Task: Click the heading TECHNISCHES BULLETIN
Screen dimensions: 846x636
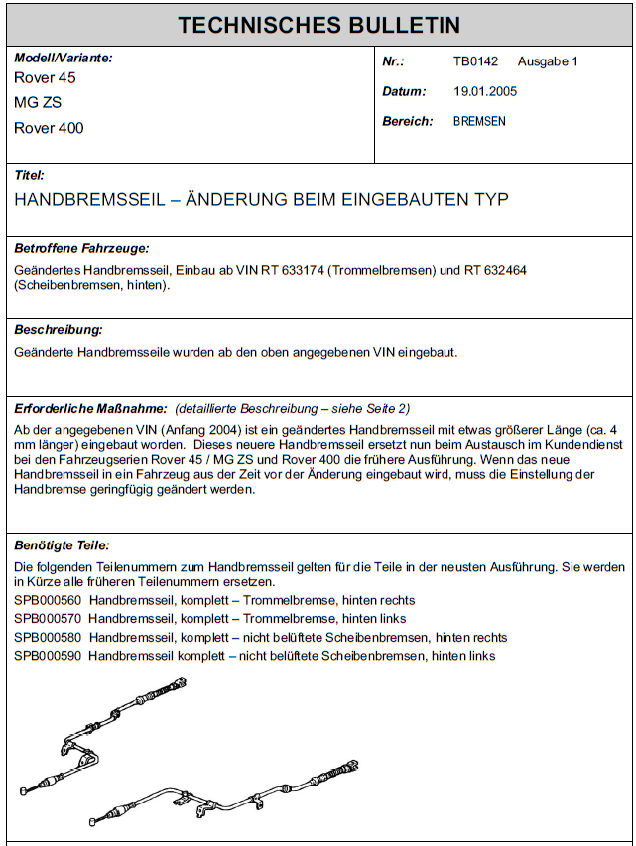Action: pyautogui.click(x=318, y=25)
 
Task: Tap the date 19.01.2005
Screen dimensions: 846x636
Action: pyautogui.click(x=485, y=91)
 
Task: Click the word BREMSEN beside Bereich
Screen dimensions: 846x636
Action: pyautogui.click(x=479, y=121)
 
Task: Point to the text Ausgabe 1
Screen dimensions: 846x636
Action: pyautogui.click(x=548, y=61)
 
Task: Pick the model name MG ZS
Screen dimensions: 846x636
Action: pyautogui.click(x=38, y=102)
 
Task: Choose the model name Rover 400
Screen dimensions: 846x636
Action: pyautogui.click(x=49, y=128)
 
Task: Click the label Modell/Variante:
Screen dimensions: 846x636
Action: pyautogui.click(x=64, y=58)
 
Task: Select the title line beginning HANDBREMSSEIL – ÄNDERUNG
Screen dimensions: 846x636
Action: pyautogui.click(x=261, y=199)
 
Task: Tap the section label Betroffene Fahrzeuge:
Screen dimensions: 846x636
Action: pyautogui.click(x=81, y=248)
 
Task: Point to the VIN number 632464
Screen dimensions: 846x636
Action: pyautogui.click(x=526, y=270)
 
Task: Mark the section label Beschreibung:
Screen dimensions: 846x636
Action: pyautogui.click(x=59, y=329)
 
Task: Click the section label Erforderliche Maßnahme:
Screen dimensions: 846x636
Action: pyautogui.click(x=90, y=408)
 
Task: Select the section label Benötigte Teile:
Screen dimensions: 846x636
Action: pyautogui.click(x=63, y=545)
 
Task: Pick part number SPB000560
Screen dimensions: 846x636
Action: pyautogui.click(x=48, y=601)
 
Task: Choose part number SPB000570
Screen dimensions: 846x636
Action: pyautogui.click(x=48, y=619)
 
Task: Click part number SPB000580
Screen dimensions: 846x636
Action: pyautogui.click(x=48, y=637)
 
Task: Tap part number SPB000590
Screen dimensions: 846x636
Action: pyautogui.click(x=48, y=656)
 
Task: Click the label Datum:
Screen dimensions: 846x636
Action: pyautogui.click(x=404, y=91)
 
